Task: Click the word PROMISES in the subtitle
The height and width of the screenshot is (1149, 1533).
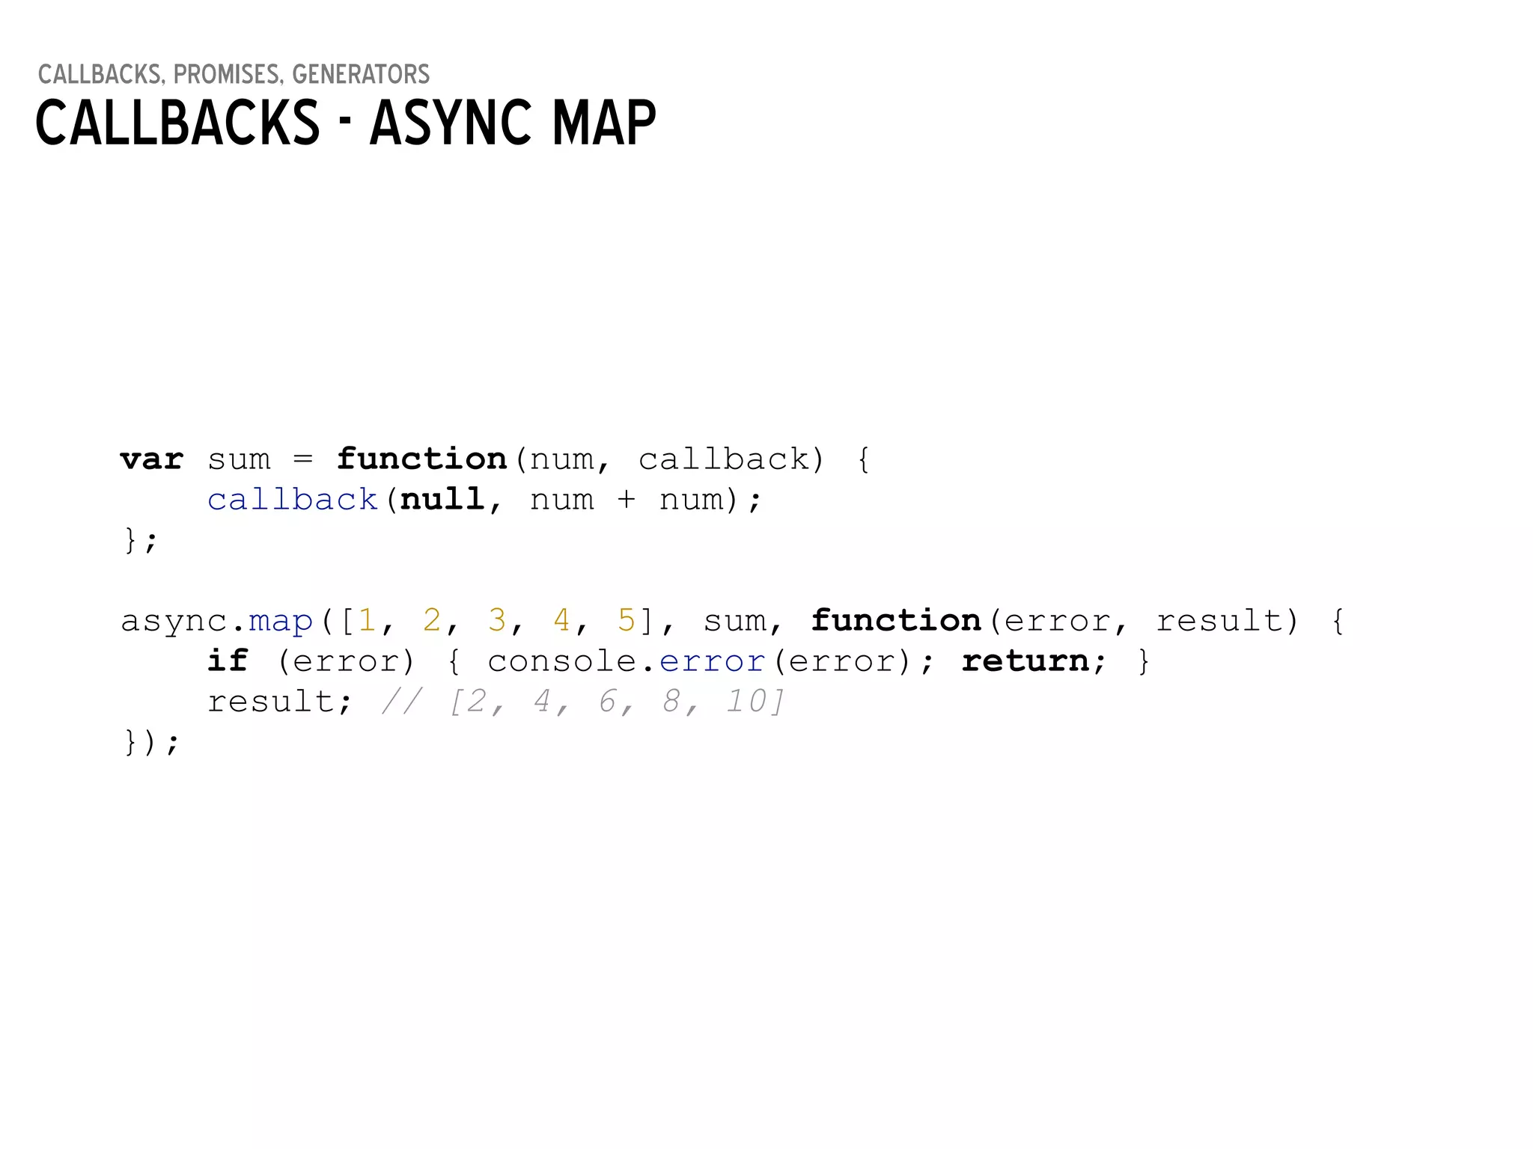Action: coord(227,75)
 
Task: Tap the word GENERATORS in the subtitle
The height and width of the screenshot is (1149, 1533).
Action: coord(361,75)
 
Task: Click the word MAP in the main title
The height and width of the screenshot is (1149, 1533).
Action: coord(604,123)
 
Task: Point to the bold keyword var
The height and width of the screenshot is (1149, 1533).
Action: coord(151,459)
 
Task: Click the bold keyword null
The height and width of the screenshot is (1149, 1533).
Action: coord(442,500)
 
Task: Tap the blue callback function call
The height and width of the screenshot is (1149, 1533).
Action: coord(293,500)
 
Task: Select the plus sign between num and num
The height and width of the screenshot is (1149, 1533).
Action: coord(626,500)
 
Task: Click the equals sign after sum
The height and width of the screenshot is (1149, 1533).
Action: coord(302,459)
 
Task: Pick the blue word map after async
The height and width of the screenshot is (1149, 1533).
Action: coord(281,622)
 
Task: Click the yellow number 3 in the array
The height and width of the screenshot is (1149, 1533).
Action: coord(496,620)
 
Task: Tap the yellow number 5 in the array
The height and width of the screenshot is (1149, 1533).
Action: coord(626,620)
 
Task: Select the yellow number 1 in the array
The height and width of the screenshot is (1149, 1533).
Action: coord(367,620)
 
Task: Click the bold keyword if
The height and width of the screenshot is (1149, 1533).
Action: coord(228,661)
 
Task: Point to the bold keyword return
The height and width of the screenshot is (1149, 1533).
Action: coord(1025,661)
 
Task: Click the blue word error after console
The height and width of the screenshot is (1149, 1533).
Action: coord(712,662)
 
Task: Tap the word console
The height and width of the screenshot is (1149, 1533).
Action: coord(561,661)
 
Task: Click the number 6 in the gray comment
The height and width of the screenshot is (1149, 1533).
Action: coord(607,702)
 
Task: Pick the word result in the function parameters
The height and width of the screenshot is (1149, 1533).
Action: coord(1219,622)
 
